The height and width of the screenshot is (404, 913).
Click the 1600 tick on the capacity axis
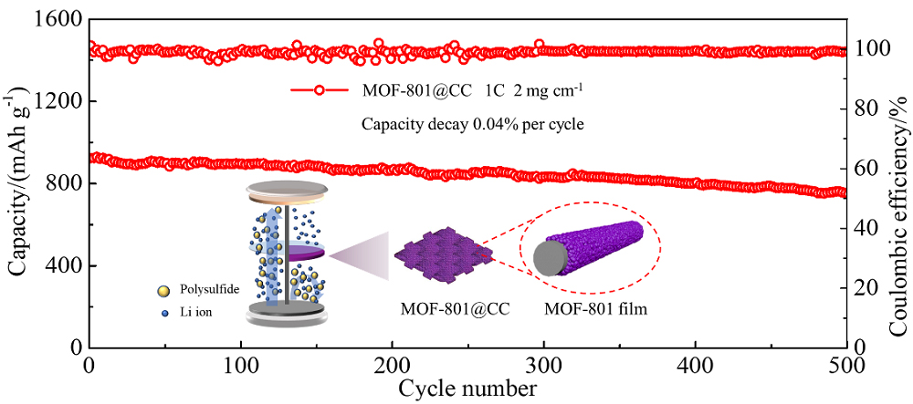tap(61, 19)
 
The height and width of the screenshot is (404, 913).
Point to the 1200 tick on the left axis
tap(61, 101)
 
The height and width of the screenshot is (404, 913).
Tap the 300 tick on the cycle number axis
tap(544, 364)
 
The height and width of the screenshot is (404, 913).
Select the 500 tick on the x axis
tap(845, 364)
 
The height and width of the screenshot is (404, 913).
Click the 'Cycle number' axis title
tap(467, 388)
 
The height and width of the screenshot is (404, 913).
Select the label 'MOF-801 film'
tap(595, 310)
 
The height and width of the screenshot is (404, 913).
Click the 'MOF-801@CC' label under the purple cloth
tap(454, 310)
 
